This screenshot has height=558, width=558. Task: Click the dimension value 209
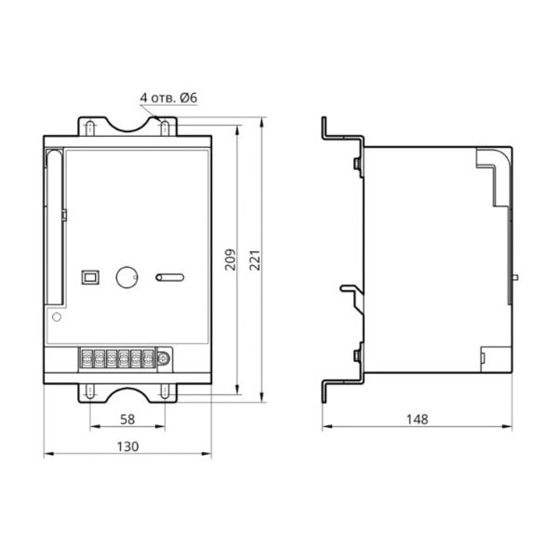[x=231, y=259]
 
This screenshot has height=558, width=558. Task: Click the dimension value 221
[x=255, y=260]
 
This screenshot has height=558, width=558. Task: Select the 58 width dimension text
[x=127, y=419]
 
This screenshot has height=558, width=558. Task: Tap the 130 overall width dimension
[x=127, y=446]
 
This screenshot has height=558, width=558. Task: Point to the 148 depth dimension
[x=418, y=419]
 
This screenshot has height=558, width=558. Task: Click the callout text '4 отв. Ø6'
[x=168, y=98]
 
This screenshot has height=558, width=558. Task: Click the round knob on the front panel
[x=127, y=277]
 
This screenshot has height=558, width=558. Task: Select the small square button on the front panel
[x=90, y=277]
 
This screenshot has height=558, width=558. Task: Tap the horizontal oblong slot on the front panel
[x=170, y=277]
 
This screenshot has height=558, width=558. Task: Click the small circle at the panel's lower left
[x=57, y=317]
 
